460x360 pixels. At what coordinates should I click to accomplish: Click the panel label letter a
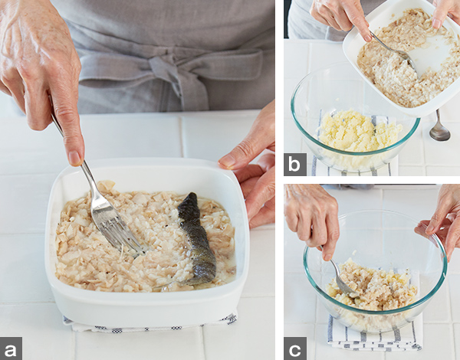11,349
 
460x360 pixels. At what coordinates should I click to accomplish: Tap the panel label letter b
295,164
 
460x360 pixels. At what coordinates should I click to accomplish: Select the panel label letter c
295,349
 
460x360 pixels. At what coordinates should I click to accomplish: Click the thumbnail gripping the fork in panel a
75,158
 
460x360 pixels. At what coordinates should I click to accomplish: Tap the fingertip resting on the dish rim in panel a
226,161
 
